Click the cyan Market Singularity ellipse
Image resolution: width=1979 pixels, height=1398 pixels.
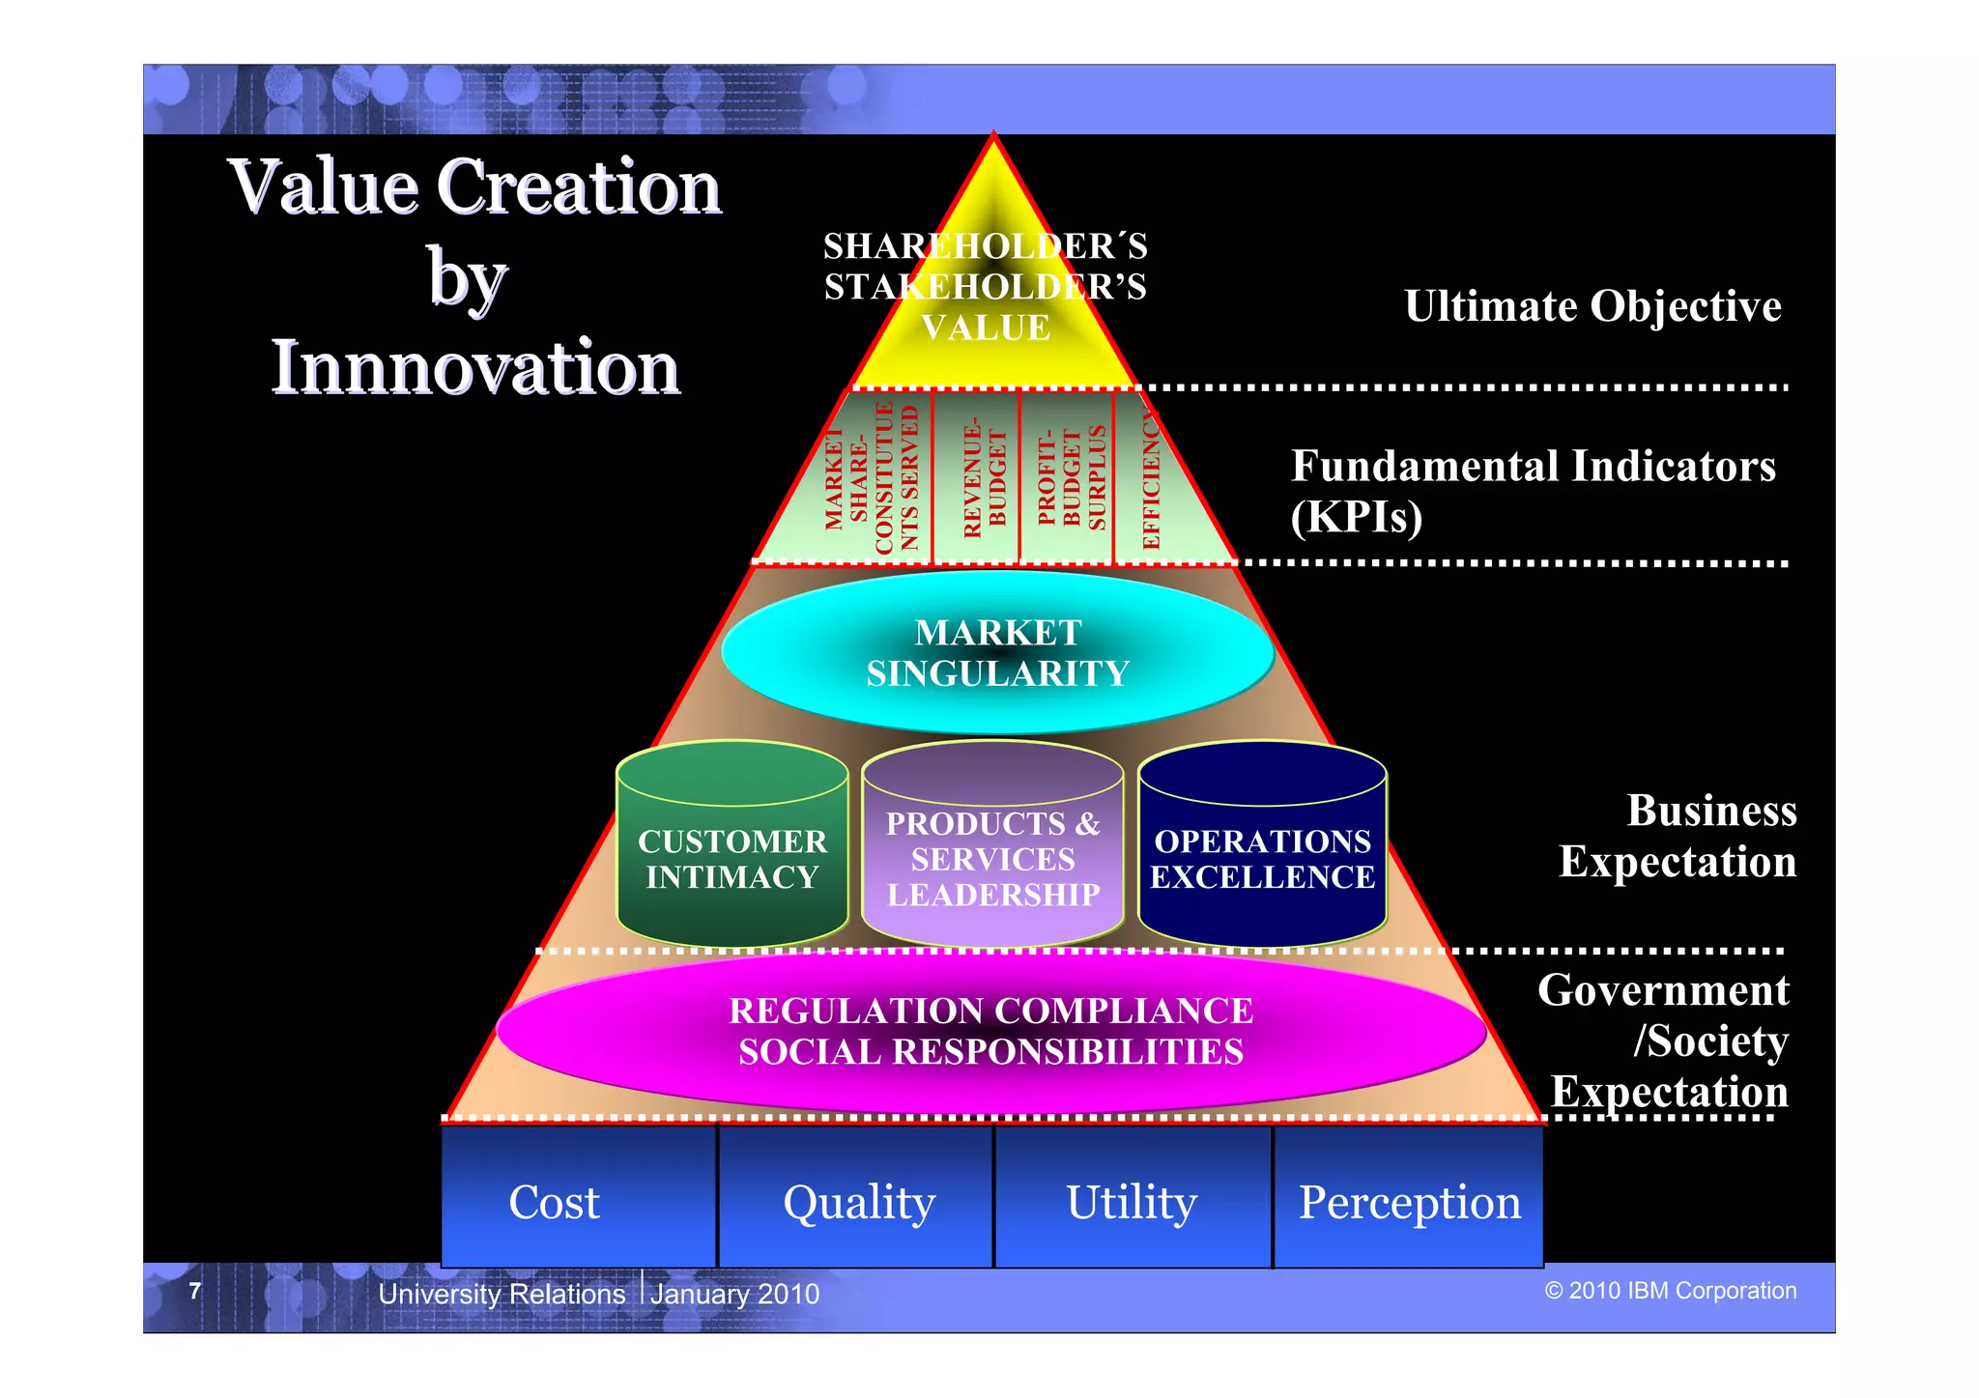click(x=997, y=652)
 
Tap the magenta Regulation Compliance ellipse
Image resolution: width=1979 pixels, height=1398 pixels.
click(x=990, y=1031)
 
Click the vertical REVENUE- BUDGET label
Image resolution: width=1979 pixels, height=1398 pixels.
click(x=985, y=478)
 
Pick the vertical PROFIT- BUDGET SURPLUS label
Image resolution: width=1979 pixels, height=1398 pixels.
click(x=1071, y=478)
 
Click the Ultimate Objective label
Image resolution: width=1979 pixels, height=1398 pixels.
click(x=1592, y=306)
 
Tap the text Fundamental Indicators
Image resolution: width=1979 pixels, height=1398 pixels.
click(x=1533, y=466)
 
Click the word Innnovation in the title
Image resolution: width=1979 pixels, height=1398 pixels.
click(x=475, y=367)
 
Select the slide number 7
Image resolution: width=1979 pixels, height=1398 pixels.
click(x=195, y=1291)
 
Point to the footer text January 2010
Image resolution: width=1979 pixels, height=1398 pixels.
click(x=734, y=1293)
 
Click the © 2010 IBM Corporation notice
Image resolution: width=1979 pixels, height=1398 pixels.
click(x=1670, y=1291)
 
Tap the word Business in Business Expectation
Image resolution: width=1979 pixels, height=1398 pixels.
click(x=1711, y=811)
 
